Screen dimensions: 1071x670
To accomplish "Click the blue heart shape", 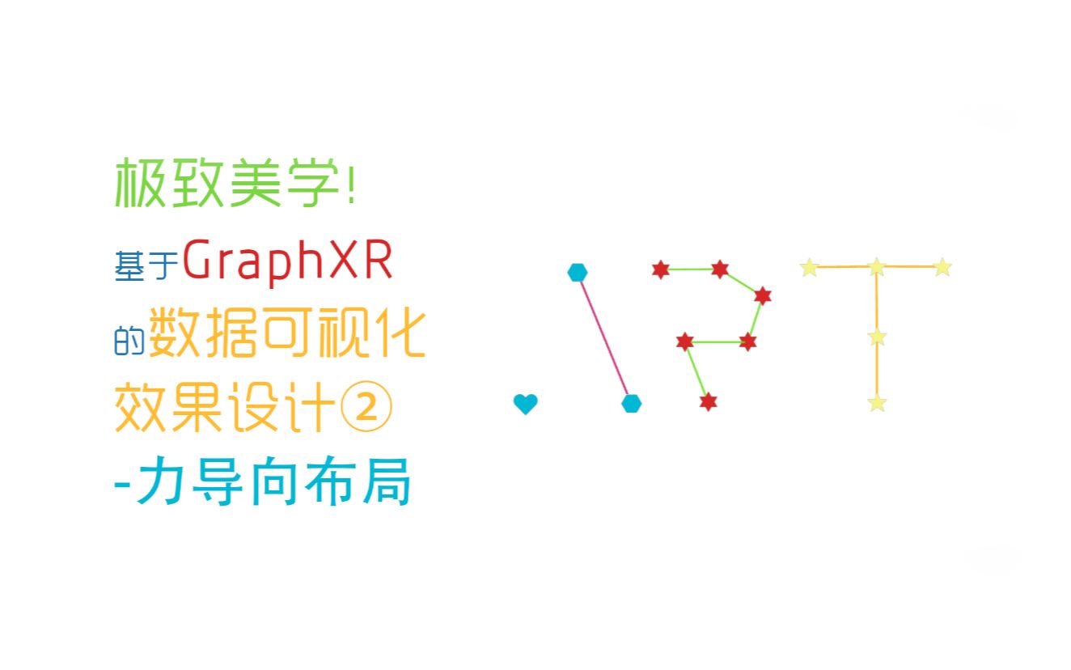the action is click(x=526, y=403).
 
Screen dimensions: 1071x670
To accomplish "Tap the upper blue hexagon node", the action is click(x=577, y=272).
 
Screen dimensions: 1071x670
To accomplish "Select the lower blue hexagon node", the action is click(x=632, y=403).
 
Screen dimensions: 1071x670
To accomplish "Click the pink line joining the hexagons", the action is click(x=604, y=337).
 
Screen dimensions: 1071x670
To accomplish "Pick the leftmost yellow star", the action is click(x=809, y=267).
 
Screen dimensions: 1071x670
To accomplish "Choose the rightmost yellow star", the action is click(x=942, y=267).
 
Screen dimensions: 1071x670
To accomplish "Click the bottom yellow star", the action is click(x=878, y=402).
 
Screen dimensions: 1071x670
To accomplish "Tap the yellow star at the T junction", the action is click(x=877, y=266).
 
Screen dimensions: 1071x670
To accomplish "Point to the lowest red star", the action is click(x=708, y=401).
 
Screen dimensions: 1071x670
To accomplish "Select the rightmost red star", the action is click(x=762, y=295).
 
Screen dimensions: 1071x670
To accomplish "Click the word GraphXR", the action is click(x=288, y=262).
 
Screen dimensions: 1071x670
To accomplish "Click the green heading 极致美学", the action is click(x=226, y=183).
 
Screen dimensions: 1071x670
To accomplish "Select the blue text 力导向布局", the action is click(x=273, y=484).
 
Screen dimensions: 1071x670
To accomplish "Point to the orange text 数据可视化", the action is click(x=287, y=335).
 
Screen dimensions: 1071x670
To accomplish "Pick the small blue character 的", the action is click(x=129, y=341).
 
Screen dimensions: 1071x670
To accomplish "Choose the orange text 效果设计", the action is click(x=225, y=409).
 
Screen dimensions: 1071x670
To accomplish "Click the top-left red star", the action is click(x=661, y=269).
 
